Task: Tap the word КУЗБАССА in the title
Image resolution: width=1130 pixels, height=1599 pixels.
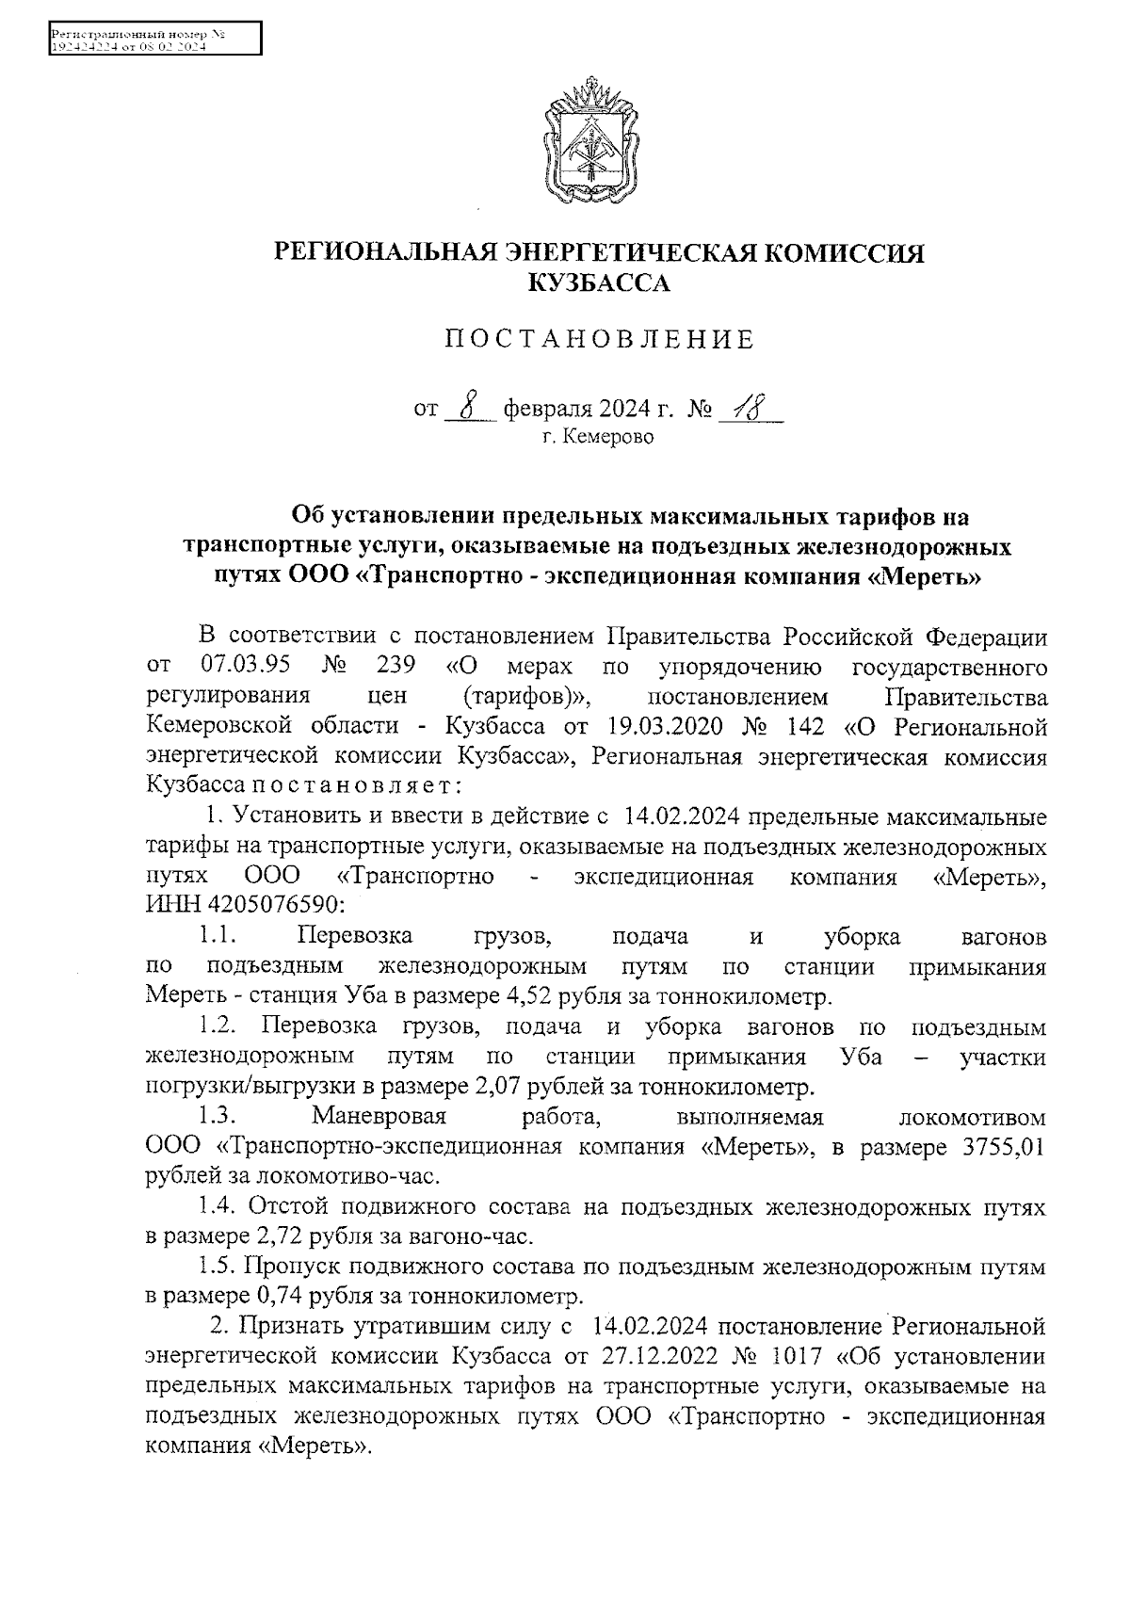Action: (x=599, y=283)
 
